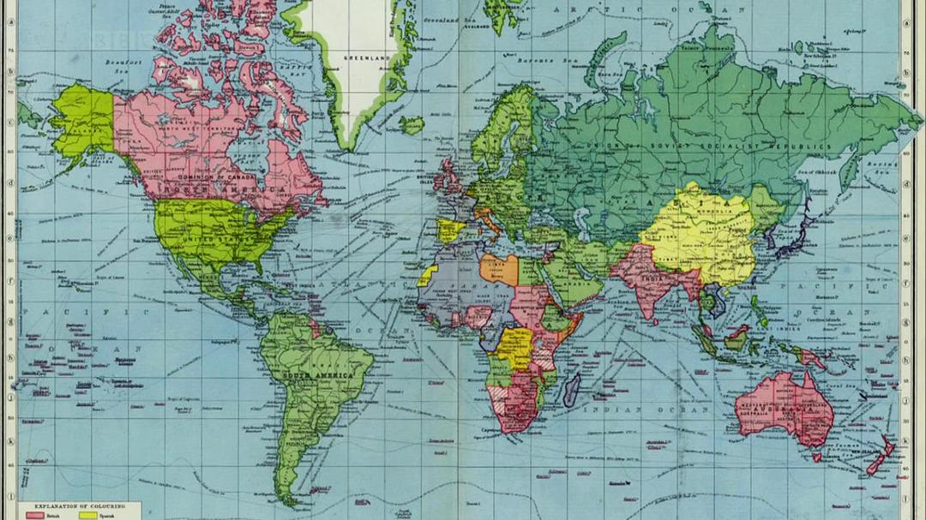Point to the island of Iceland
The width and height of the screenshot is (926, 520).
412,125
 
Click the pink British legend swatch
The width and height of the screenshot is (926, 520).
34,516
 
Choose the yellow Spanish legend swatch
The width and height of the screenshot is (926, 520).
87,516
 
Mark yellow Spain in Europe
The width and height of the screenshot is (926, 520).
451,230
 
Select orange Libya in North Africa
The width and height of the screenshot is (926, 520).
500,268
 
